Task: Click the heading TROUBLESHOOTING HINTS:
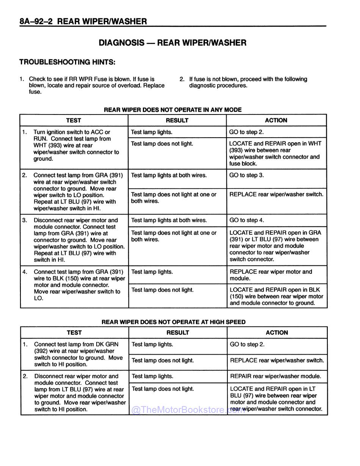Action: pyautogui.click(x=67, y=62)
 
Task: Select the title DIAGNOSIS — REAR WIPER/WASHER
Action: pyautogui.click(x=172, y=43)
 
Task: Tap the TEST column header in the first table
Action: pyautogui.click(x=74, y=120)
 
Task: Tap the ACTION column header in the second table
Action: pyautogui.click(x=277, y=333)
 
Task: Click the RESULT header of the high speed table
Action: pyautogui.click(x=177, y=333)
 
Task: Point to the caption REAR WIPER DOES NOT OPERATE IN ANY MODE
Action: pyautogui.click(x=172, y=110)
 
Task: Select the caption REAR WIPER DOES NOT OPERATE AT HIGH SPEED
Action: pyautogui.click(x=173, y=322)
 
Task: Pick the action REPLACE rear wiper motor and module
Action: pyautogui.click(x=271, y=275)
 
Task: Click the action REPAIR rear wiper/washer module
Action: pyautogui.click(x=275, y=376)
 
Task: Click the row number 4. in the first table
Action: pyautogui.click(x=25, y=272)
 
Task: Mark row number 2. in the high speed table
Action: pyautogui.click(x=25, y=376)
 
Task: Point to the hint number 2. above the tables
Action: pyautogui.click(x=182, y=79)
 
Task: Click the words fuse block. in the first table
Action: pyautogui.click(x=243, y=164)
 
